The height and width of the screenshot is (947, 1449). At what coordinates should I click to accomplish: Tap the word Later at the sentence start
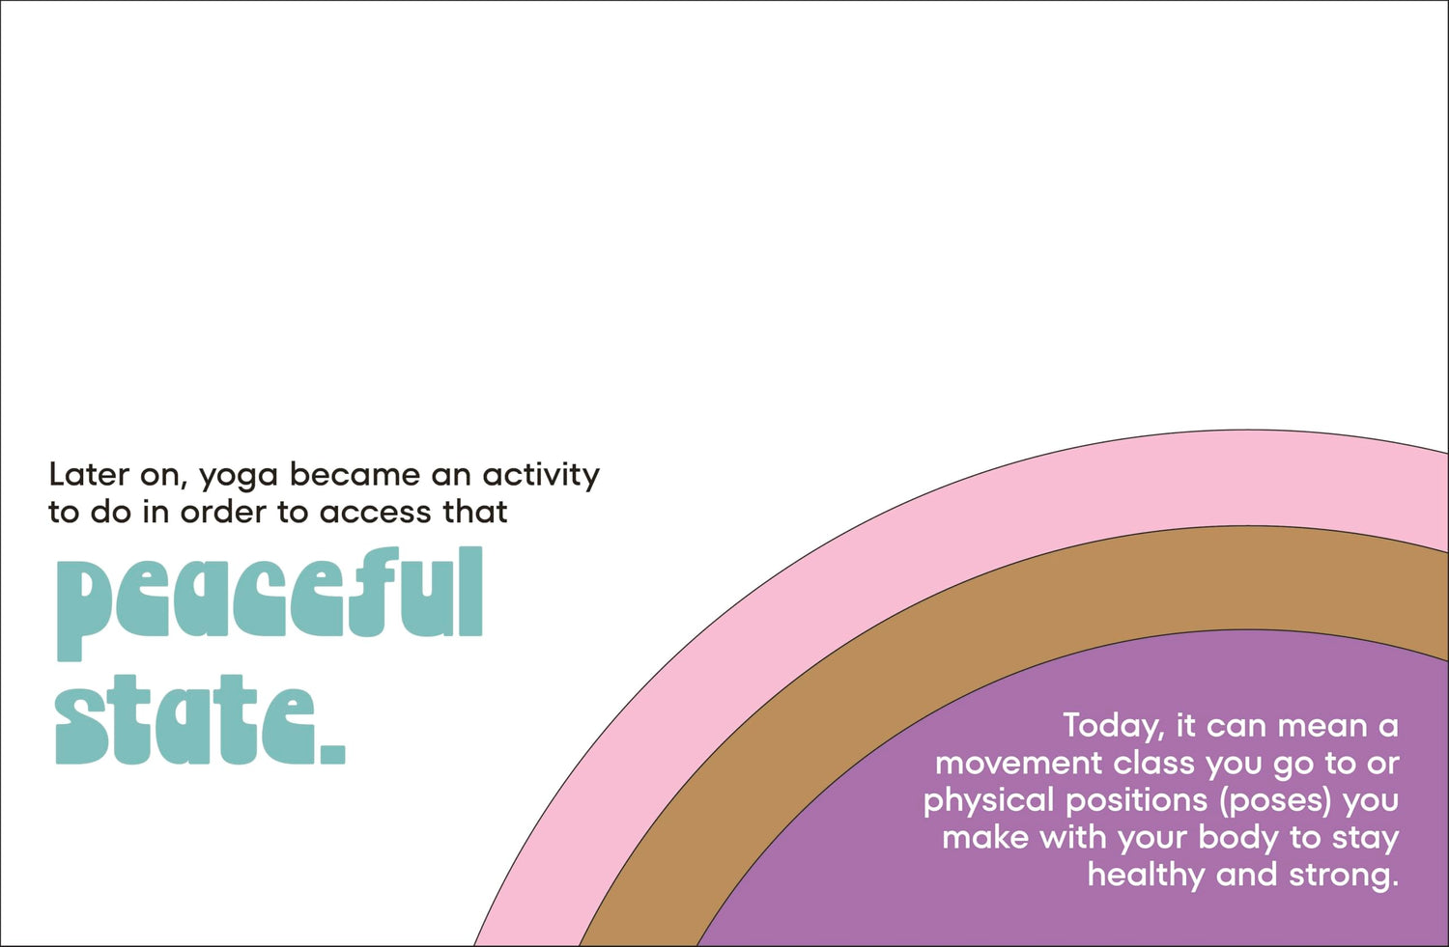[x=89, y=475]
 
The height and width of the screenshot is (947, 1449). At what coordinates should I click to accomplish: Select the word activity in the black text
[x=541, y=477]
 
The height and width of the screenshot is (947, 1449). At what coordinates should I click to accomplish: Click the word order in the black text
[x=223, y=512]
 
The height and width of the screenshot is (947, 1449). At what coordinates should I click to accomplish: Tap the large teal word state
[x=187, y=719]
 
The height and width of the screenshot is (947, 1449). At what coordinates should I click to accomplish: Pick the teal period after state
[x=333, y=754]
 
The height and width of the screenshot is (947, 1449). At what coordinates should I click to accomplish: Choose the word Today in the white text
[x=1114, y=727]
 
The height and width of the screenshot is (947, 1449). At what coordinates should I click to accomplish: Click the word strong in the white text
[x=1344, y=876]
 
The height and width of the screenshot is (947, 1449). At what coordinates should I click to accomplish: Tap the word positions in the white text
[x=1137, y=801]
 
